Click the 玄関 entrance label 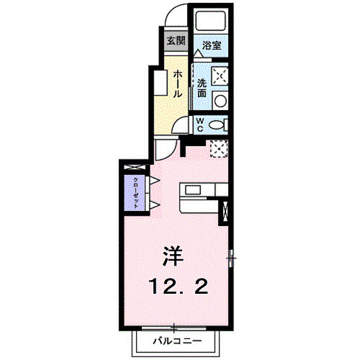(x=175, y=40)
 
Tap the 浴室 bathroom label (x=211, y=45)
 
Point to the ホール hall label (x=177, y=83)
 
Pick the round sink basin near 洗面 (x=221, y=101)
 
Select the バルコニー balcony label (x=176, y=339)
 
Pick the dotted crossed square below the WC (x=219, y=148)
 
